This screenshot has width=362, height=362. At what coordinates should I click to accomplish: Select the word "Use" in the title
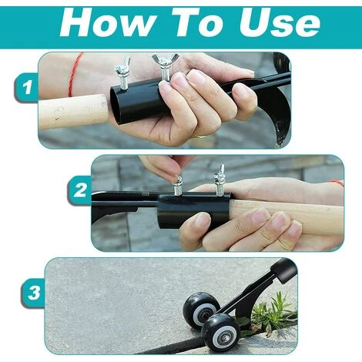(x=280, y=23)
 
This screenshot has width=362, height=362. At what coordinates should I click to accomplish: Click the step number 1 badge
(x=26, y=87)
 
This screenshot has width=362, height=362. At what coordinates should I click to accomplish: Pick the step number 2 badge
(x=80, y=190)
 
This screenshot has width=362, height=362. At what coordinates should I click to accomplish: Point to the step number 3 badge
(x=33, y=293)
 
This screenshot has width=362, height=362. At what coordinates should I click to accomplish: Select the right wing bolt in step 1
(x=163, y=66)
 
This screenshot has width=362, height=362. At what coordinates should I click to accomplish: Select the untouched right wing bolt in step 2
(x=219, y=180)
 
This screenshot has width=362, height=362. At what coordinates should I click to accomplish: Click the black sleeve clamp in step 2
(x=193, y=211)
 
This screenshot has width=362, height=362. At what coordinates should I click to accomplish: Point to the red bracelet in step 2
(x=337, y=183)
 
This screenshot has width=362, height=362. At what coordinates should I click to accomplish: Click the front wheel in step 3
(x=220, y=333)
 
